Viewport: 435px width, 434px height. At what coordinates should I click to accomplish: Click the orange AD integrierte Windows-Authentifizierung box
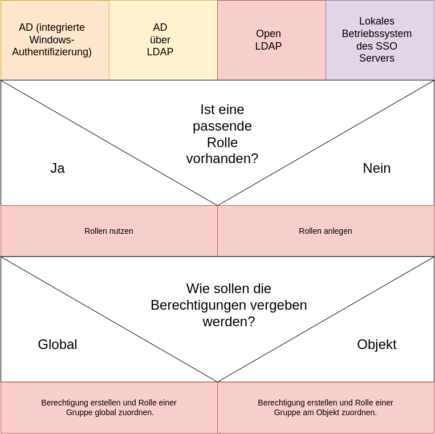coord(55,40)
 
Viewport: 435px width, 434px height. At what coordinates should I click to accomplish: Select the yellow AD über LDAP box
coord(163,40)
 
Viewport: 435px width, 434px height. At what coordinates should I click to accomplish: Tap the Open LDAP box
coord(271,40)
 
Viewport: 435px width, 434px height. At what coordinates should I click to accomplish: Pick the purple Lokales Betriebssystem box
coord(380,40)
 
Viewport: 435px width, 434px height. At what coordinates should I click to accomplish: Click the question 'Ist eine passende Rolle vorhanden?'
coord(222,134)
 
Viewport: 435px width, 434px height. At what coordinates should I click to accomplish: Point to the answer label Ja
coord(58,168)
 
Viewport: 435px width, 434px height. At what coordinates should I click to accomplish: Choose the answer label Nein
coord(376,168)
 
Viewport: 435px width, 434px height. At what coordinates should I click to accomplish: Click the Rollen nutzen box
coord(109,231)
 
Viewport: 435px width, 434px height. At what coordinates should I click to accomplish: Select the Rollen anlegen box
coord(326,231)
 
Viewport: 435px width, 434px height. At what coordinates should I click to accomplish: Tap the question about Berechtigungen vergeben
coord(229,305)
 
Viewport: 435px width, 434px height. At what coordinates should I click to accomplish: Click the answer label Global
coord(58,344)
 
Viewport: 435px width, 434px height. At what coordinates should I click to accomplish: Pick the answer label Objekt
coord(376,344)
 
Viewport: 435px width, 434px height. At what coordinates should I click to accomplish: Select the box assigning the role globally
coord(109,407)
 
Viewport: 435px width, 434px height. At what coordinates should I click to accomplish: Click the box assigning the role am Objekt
coord(326,407)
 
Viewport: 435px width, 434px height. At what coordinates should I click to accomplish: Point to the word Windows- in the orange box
coord(52,40)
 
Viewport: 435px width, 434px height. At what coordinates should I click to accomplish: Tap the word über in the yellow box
coord(160,40)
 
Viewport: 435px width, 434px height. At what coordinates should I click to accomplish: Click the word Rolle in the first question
coord(222,143)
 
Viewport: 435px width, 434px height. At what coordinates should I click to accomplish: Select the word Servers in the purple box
coord(376,58)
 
